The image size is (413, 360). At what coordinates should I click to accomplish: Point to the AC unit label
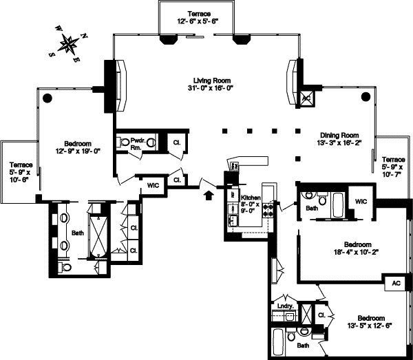pyautogui.click(x=396, y=283)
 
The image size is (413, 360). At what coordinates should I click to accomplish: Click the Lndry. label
pyautogui.click(x=286, y=306)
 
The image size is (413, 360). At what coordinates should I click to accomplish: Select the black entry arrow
pyautogui.click(x=208, y=195)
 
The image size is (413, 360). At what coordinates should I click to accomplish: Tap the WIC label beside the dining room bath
pyautogui.click(x=362, y=201)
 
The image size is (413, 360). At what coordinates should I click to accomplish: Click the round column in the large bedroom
pyautogui.click(x=47, y=98)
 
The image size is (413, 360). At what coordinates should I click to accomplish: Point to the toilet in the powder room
pyautogui.click(x=125, y=142)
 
